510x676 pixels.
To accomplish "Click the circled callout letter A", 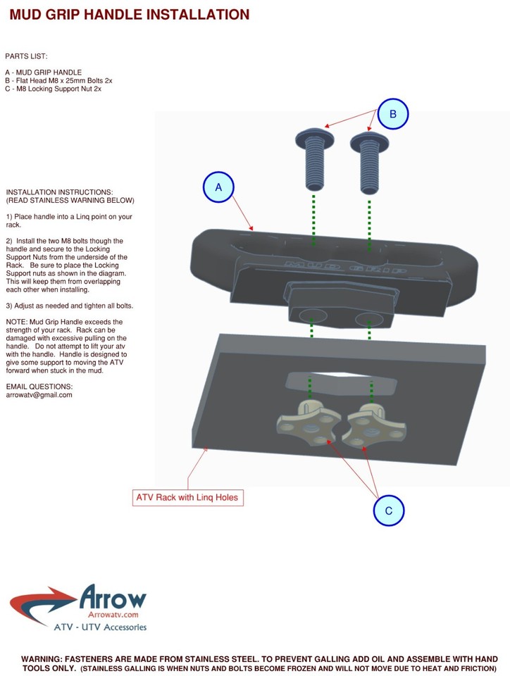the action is [218, 187].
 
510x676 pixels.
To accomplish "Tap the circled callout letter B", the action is [393, 114].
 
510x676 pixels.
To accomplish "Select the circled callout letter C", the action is [388, 511].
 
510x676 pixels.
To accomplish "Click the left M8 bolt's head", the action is [315, 137].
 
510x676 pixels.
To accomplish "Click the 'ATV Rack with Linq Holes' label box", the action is [187, 498].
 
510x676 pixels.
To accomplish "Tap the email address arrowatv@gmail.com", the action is [39, 395].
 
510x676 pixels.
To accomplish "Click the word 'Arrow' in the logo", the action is [113, 598].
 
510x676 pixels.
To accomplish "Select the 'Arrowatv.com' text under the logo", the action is [113, 615].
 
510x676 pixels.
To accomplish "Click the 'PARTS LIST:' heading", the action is [26, 56].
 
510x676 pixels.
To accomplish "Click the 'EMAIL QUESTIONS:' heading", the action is [39, 387].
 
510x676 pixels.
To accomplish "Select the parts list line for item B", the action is [58, 80].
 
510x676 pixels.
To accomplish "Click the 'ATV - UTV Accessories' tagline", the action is [100, 627].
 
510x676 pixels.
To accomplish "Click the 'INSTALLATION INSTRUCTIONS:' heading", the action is [59, 192].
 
